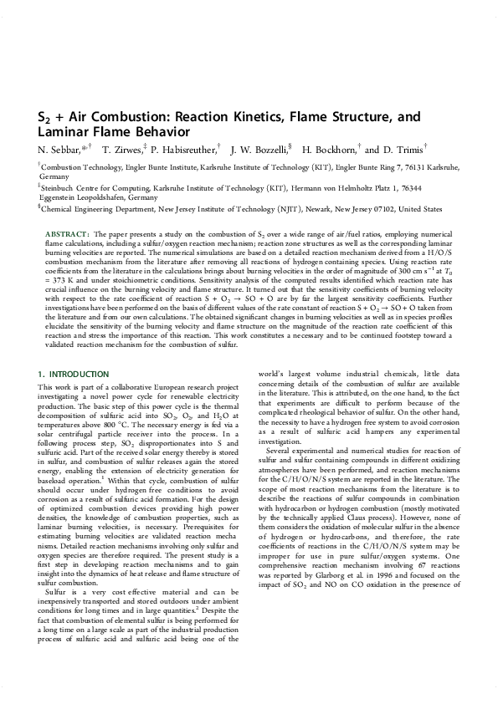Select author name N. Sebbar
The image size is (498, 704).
pos(59,149)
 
